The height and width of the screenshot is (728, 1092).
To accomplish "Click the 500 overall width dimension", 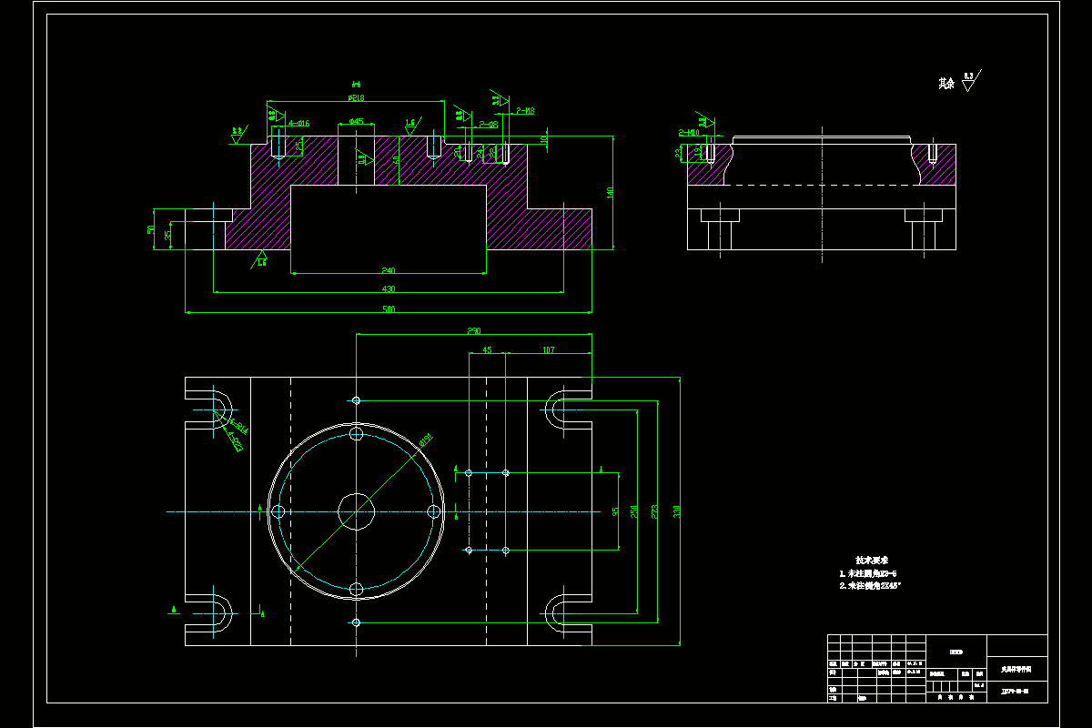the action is pos(389,309).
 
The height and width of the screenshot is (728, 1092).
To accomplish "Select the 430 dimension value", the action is pos(389,289).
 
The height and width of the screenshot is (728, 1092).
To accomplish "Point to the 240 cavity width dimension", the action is pos(389,270).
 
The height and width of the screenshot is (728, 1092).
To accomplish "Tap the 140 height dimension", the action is pos(611,192).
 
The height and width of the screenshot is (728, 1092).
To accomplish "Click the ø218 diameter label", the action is pos(356,96).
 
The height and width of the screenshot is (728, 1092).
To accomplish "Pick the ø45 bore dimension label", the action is pos(356,121).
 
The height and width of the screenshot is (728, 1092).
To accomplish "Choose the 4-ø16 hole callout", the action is pos(298,122).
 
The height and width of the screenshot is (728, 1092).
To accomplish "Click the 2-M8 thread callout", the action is pos(525,111).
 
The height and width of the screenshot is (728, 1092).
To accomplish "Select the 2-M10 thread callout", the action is pos(688,133).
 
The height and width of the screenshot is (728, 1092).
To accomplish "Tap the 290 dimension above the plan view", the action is pos(473,331).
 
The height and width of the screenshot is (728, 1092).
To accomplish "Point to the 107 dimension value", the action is pos(549,349).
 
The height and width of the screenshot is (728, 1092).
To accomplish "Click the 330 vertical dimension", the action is pos(676,511).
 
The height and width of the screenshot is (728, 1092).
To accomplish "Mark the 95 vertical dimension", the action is pos(615,511).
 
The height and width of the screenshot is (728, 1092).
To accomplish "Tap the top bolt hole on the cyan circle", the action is pos(356,435).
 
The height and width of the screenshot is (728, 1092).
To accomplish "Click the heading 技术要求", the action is pos(871,560).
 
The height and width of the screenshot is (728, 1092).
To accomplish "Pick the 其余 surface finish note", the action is pos(947,84).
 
